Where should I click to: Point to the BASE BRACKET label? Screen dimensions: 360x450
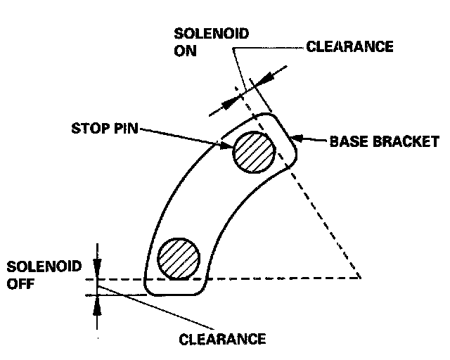point(384,142)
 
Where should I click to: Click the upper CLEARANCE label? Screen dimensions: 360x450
point(349,48)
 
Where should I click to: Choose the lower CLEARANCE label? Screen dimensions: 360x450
point(223,339)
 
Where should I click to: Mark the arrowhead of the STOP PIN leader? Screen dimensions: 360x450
point(227,146)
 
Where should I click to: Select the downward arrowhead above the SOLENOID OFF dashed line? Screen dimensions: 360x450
point(98,270)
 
